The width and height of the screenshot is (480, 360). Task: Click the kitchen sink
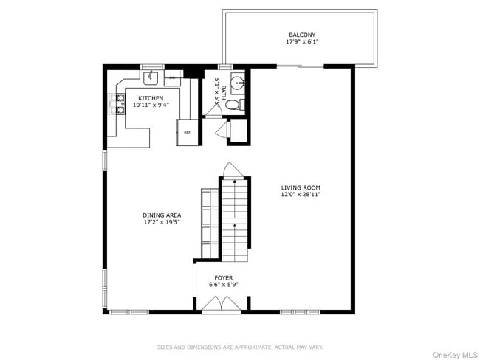coord(153,76)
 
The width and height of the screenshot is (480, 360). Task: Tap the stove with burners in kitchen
coord(117,104)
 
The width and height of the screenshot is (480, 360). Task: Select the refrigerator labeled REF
coord(187,132)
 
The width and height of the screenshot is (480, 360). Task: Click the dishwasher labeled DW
coord(172,77)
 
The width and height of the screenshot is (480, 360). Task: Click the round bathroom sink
coord(238,83)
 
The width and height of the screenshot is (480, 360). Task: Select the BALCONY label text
coord(301,35)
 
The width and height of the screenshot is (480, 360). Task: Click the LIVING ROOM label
coord(300,187)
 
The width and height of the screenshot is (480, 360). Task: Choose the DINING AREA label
coord(162,215)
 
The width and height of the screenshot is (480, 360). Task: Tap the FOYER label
coord(223,277)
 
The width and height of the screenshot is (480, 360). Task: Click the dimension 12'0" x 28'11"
coord(300,195)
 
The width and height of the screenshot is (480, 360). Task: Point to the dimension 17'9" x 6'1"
coord(301,42)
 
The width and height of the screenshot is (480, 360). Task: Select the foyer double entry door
coord(222,304)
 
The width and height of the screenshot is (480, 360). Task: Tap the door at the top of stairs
coord(231,170)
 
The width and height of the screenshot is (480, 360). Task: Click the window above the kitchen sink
coord(152,66)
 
